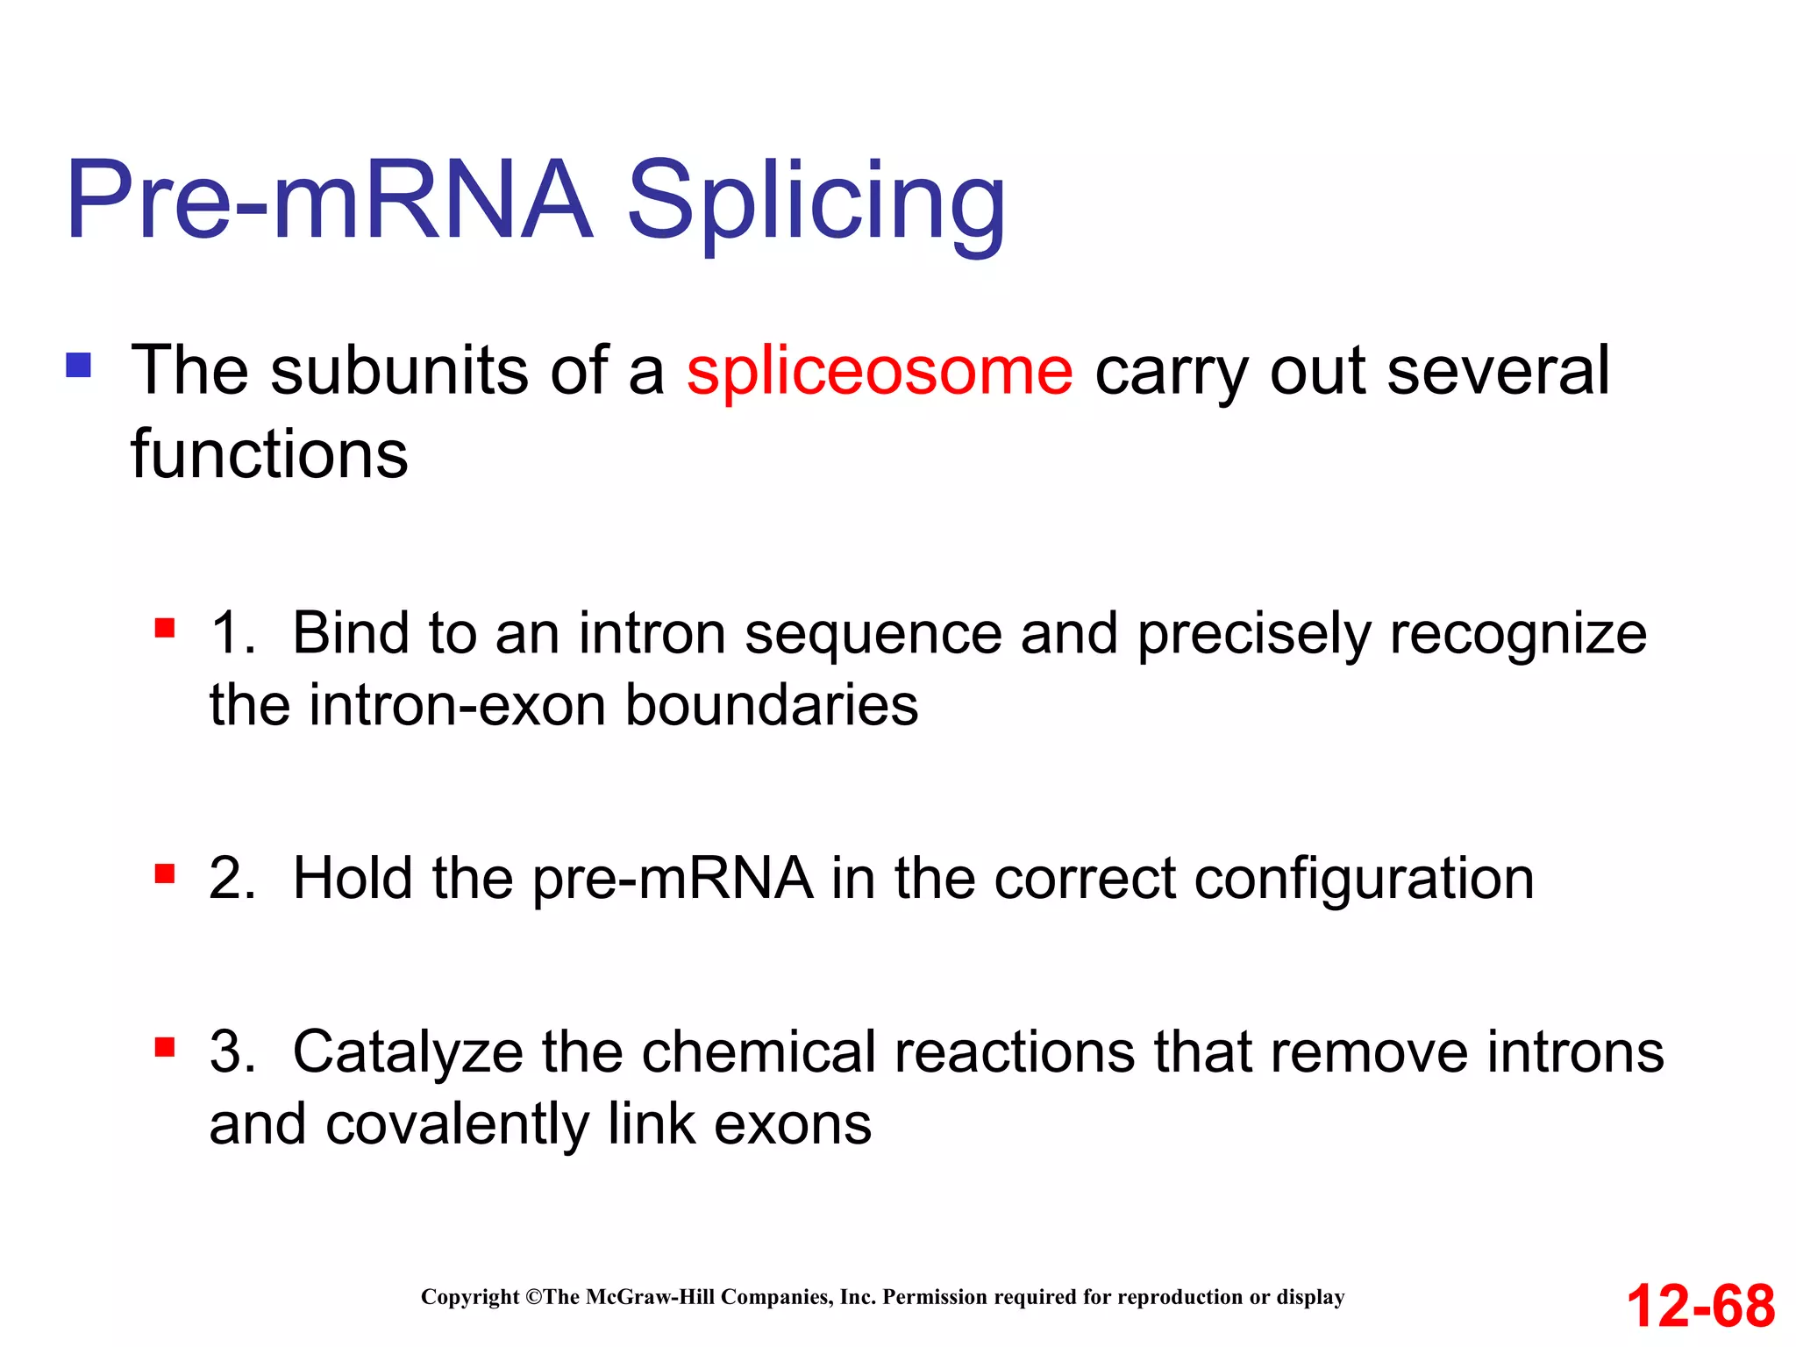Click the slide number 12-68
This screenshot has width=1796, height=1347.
pyautogui.click(x=1700, y=1306)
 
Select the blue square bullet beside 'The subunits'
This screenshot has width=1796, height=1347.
pyautogui.click(x=78, y=365)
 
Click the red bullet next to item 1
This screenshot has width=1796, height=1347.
pyautogui.click(x=164, y=628)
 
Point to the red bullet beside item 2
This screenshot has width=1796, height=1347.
pyautogui.click(x=164, y=873)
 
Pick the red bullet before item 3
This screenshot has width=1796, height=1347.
pyautogui.click(x=164, y=1047)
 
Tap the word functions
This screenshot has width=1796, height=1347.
pyautogui.click(x=269, y=454)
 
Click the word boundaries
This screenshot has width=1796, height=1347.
pyautogui.click(x=772, y=705)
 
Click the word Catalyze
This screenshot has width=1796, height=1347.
pyautogui.click(x=408, y=1052)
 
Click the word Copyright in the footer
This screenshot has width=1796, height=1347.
pyautogui.click(x=470, y=1297)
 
